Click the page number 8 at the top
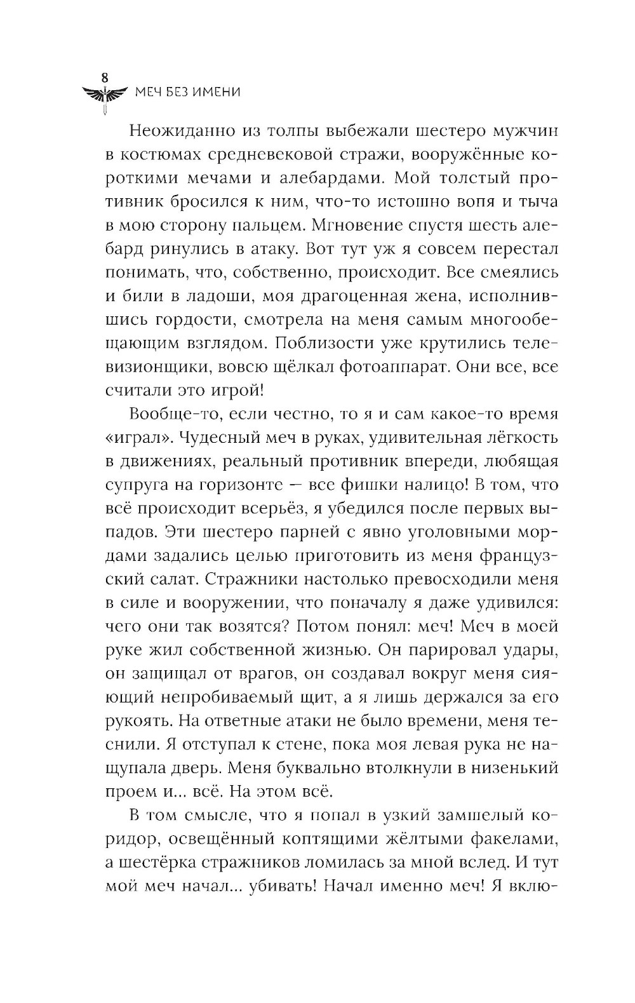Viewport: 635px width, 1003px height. [x=106, y=76]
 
